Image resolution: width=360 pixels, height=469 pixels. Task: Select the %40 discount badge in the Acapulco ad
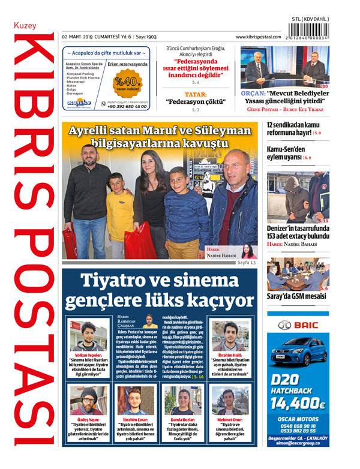127,81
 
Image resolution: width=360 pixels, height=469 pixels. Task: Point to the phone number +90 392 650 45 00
127,106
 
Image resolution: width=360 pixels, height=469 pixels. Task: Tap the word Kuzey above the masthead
25,26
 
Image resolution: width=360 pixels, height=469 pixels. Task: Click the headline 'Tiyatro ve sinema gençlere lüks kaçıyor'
159,289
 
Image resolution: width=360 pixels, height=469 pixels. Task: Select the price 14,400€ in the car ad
298,403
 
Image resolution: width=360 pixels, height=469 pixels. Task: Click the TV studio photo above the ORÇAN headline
285,65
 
